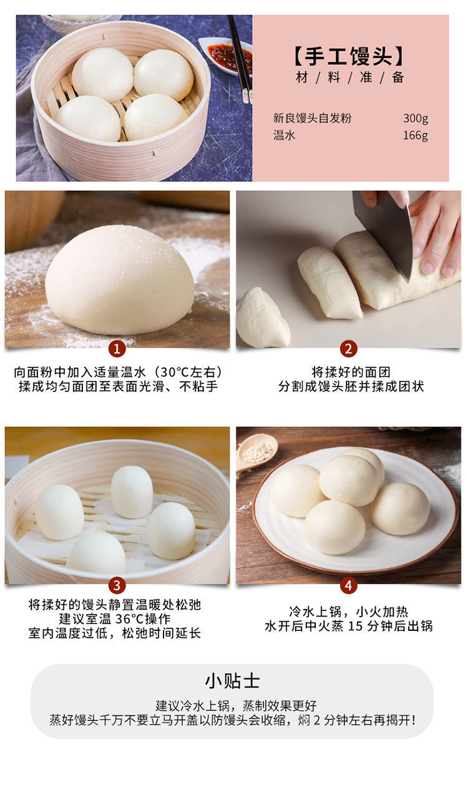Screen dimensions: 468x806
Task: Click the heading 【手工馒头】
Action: click(x=349, y=57)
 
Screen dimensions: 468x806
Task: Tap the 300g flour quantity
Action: click(x=416, y=118)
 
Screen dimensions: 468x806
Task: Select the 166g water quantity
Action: click(x=416, y=135)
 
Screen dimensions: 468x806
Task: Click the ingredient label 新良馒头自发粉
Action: click(x=312, y=118)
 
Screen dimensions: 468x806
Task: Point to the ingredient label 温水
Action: click(x=284, y=135)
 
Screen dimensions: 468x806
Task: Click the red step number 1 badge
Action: click(x=117, y=348)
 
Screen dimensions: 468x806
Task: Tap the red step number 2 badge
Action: click(x=348, y=348)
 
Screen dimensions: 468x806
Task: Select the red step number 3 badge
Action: click(x=117, y=585)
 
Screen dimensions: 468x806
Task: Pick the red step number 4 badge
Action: click(x=348, y=585)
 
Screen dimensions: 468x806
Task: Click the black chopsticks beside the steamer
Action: click(x=240, y=59)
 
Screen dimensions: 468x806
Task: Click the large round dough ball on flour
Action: click(x=120, y=280)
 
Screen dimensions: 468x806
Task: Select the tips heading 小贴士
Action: click(x=232, y=681)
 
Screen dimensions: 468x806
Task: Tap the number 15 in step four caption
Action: click(x=355, y=626)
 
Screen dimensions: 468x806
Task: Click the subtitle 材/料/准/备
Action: click(x=349, y=77)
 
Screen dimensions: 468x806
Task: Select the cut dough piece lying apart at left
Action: click(x=262, y=317)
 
